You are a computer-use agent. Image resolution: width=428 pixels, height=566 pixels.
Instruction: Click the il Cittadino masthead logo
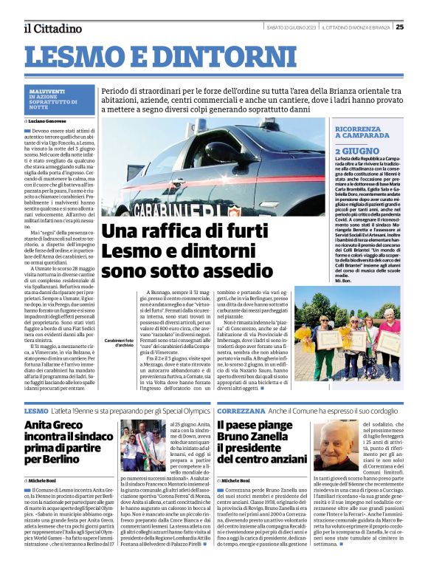click(x=52, y=28)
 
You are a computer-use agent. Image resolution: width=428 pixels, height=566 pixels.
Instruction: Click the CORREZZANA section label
click(x=236, y=409)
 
